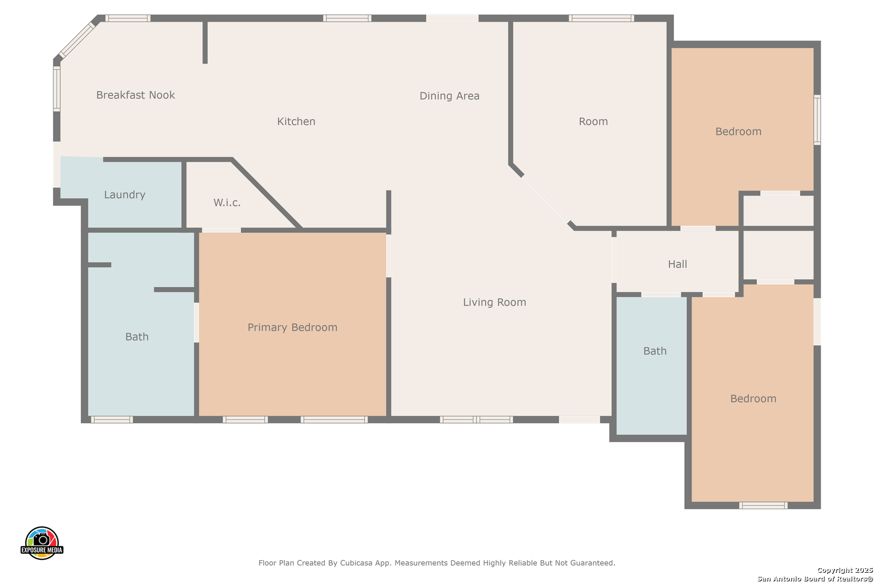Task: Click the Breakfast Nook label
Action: [135, 95]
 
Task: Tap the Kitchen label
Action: [296, 121]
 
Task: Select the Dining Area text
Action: [449, 96]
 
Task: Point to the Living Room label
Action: [494, 302]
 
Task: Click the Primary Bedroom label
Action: [292, 327]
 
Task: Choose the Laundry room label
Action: [125, 194]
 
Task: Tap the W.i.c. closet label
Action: [227, 202]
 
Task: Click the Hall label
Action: [678, 264]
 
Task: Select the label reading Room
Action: [593, 121]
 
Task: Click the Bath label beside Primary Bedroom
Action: [137, 337]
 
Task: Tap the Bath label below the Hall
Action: [655, 351]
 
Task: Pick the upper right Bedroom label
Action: [738, 132]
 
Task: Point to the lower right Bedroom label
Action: [753, 399]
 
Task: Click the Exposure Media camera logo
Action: [42, 543]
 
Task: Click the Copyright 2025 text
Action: [845, 570]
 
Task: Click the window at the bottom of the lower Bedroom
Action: [763, 505]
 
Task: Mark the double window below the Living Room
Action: [476, 419]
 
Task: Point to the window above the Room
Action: [601, 18]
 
